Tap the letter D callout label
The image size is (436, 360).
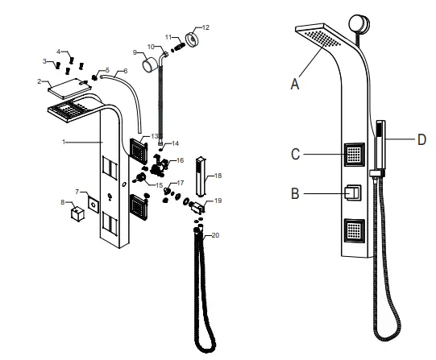coord(421,139)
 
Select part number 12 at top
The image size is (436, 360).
coord(205,27)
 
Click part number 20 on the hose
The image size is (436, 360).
coord(214,235)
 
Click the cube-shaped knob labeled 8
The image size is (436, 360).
coord(79,214)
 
